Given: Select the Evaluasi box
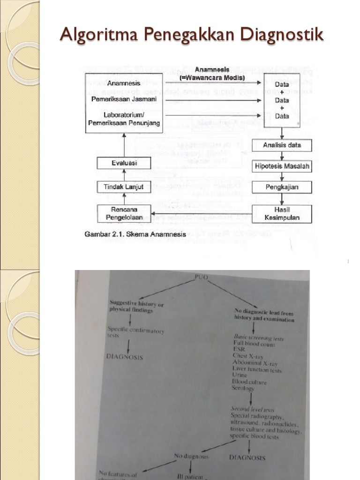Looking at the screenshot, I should click(124, 163).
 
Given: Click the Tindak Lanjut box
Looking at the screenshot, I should click(124, 187).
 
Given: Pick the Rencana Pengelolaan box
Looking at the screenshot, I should click(124, 213).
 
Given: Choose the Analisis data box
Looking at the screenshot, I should click(282, 145).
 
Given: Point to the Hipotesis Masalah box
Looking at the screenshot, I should click(282, 166).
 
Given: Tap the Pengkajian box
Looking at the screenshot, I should click(282, 187).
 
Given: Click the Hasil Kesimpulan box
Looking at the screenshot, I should click(282, 214).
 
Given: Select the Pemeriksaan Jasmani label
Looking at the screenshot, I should click(124, 99).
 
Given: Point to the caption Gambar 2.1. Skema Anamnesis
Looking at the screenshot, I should click(135, 234).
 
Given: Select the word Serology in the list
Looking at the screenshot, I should click(243, 388).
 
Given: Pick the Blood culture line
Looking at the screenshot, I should click(249, 382).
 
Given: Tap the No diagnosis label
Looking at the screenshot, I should click(191, 456).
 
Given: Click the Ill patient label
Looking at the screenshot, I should click(190, 477).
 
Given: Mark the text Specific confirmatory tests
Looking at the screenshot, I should click(135, 332).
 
